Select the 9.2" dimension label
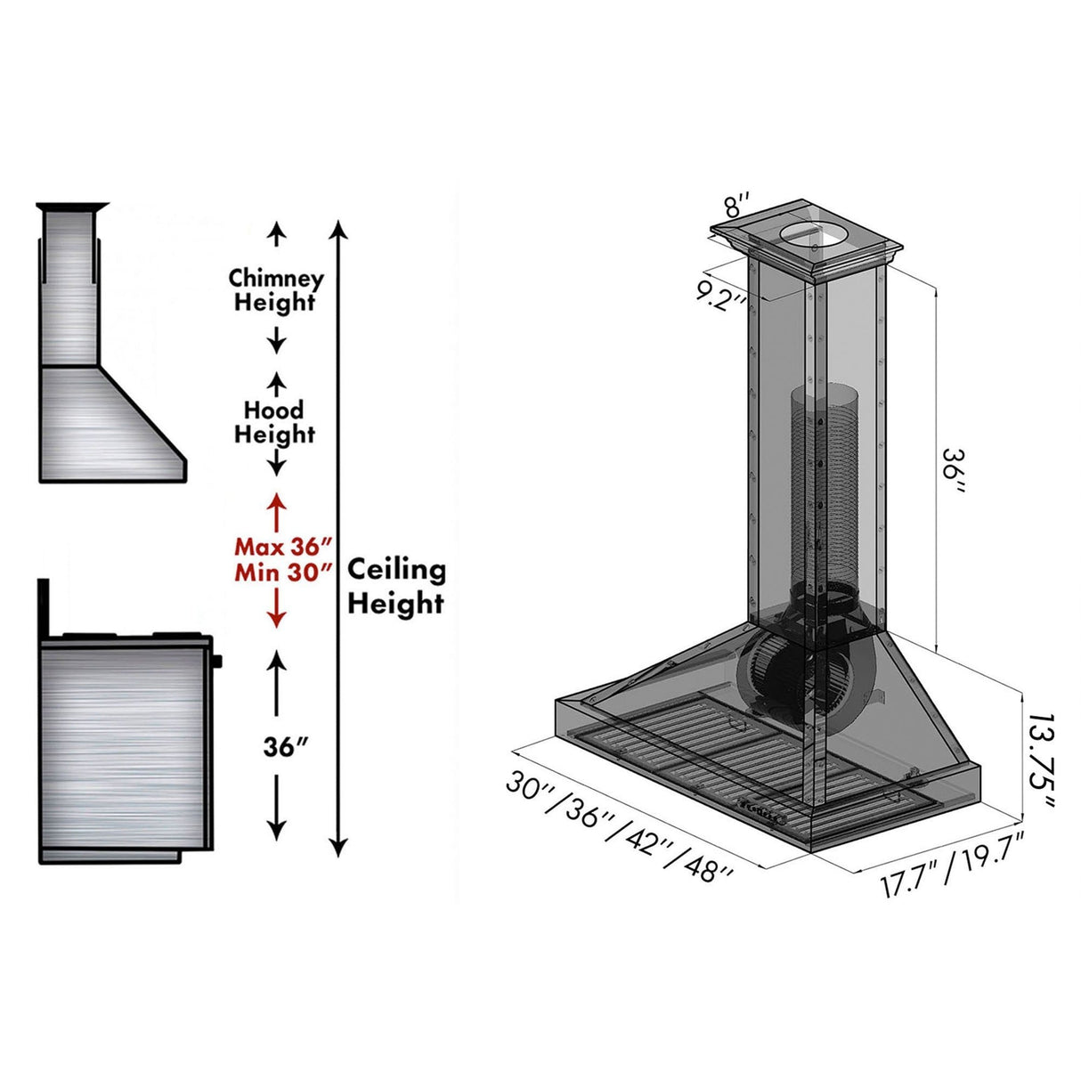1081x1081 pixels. pos(721,294)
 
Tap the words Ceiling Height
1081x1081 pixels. pos(395,586)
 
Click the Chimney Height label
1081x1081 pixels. pos(276,290)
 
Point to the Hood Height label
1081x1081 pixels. pos(274,422)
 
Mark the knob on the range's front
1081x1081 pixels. pos(218,661)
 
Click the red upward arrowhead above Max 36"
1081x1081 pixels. pos(276,500)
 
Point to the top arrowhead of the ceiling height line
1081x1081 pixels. pos(337,230)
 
